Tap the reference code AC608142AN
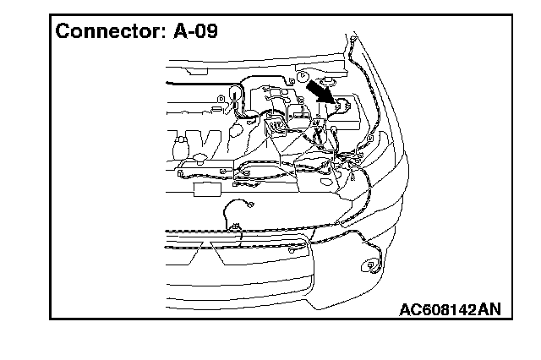pyautogui.click(x=449, y=308)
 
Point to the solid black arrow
pyautogui.click(x=317, y=90)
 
